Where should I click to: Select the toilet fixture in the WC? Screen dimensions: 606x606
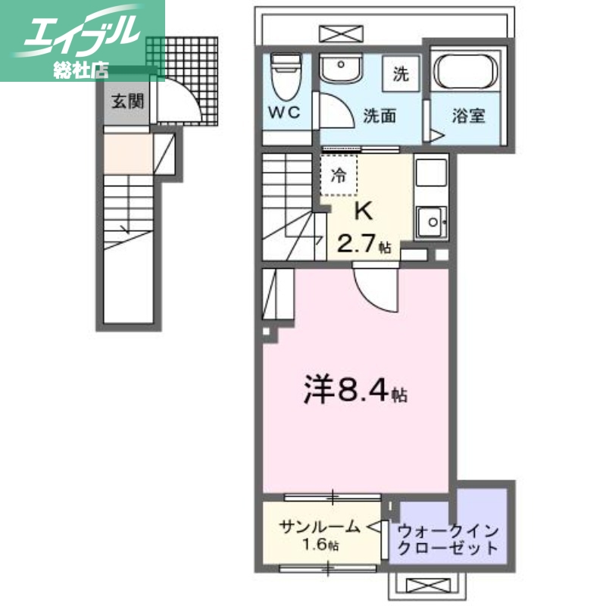[286, 77]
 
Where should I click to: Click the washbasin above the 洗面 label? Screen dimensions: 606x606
[340, 70]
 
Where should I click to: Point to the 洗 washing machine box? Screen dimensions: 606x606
[400, 73]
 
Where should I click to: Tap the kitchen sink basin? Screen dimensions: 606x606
[433, 223]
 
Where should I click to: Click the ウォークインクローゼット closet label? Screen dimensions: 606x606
[448, 539]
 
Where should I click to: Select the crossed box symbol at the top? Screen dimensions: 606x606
[333, 33]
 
